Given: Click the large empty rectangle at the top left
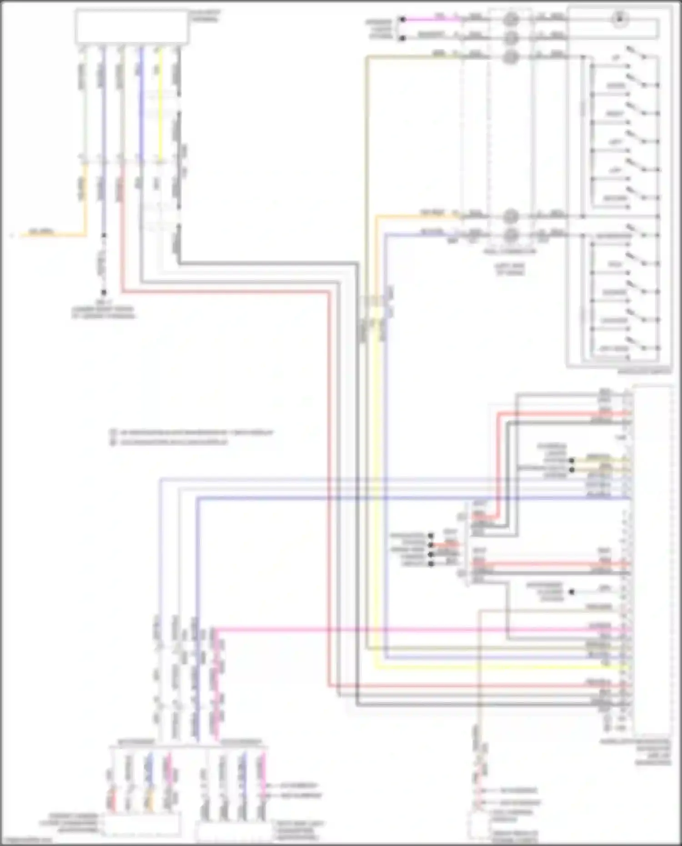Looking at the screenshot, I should click(132, 26).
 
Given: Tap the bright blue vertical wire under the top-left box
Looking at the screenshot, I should click(141, 105).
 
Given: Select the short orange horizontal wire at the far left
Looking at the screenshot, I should click(50, 235).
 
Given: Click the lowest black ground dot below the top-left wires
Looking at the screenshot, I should click(104, 293).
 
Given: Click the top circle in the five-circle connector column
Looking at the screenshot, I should click(511, 19).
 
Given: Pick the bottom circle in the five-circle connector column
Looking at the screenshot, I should click(511, 235).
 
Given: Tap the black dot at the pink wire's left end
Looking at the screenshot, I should click(402, 20).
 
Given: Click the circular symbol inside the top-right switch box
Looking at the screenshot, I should click(619, 19).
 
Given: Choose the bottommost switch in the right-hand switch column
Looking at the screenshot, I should click(637, 345).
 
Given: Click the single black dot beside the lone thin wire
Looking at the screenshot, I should click(572, 592).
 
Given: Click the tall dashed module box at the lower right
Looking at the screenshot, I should click(652, 559).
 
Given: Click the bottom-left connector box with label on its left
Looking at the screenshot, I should click(142, 824).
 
